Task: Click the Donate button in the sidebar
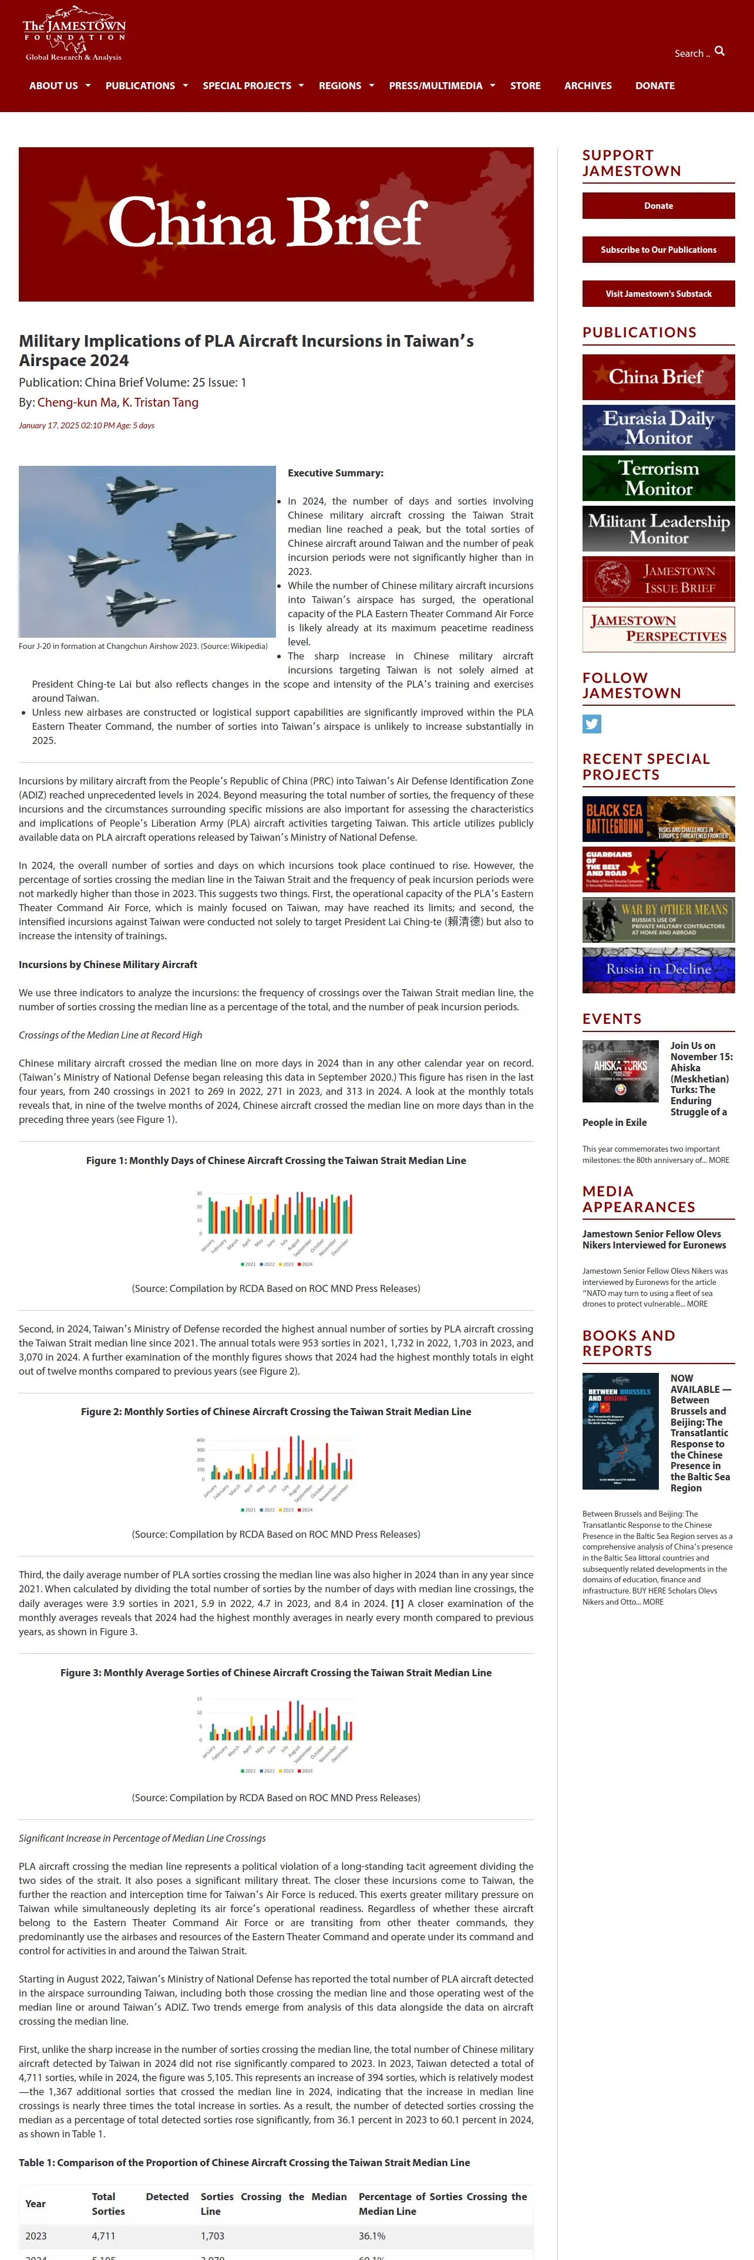658,205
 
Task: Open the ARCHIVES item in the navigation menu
587,86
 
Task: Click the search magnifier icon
720,52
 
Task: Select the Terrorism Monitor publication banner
658,478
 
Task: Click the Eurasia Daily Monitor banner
658,427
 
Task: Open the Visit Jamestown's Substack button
658,294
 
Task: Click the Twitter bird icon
591,724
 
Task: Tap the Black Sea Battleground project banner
658,818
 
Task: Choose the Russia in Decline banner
658,969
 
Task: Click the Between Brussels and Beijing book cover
621,1431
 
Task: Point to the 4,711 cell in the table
103,2235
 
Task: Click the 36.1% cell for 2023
372,2235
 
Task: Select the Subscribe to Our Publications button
658,250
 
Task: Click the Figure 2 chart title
275,1412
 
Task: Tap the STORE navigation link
525,86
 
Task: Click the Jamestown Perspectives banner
658,629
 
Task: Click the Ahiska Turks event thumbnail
621,1071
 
